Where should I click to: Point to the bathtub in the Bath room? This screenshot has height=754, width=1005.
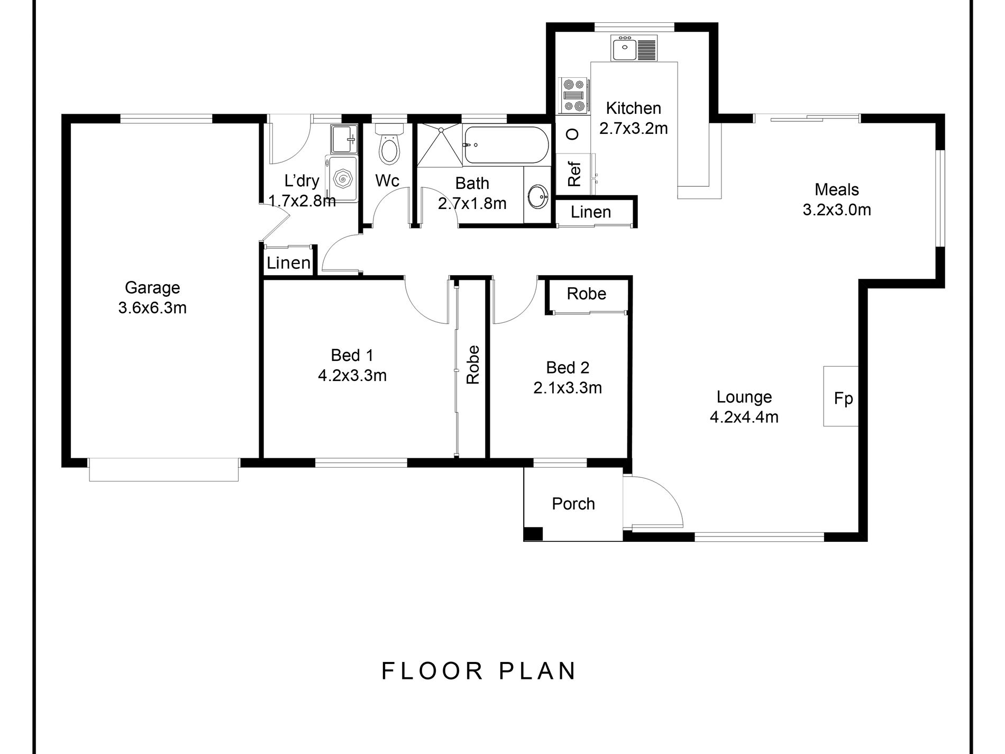pyautogui.click(x=506, y=145)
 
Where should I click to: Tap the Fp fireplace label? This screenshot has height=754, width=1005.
pyautogui.click(x=843, y=398)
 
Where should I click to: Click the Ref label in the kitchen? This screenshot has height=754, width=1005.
pyautogui.click(x=574, y=174)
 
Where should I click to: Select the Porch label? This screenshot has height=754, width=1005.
pyautogui.click(x=573, y=504)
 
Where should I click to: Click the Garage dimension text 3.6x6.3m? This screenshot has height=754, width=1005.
pyautogui.click(x=152, y=307)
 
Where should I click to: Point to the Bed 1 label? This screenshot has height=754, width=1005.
pyautogui.click(x=352, y=355)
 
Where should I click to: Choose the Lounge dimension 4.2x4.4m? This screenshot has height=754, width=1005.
pyautogui.click(x=744, y=417)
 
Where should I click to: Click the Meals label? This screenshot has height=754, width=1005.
pyautogui.click(x=837, y=189)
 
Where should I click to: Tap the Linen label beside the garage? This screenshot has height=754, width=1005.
pyautogui.click(x=288, y=263)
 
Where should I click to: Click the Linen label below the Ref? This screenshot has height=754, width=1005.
pyautogui.click(x=591, y=212)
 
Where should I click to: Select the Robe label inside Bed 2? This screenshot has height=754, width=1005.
pyautogui.click(x=587, y=294)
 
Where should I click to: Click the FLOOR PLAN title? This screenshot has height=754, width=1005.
pyautogui.click(x=479, y=671)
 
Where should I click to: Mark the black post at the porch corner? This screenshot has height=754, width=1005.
pyautogui.click(x=534, y=534)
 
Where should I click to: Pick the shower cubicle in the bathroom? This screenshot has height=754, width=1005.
pyautogui.click(x=439, y=146)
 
